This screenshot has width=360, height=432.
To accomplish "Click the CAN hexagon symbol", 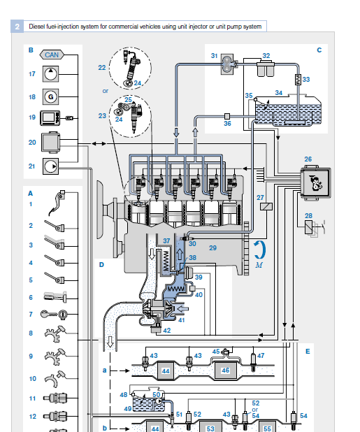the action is [x=52, y=55].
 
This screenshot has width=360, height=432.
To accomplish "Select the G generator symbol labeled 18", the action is [x=51, y=96].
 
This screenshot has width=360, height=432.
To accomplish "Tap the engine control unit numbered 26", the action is [x=315, y=182].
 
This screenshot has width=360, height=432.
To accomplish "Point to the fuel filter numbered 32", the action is [x=266, y=69].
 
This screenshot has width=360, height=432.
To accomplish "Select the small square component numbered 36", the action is [x=227, y=116].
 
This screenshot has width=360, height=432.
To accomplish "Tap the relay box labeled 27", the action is [x=266, y=206].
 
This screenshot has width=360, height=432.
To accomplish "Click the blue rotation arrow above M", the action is [x=261, y=250].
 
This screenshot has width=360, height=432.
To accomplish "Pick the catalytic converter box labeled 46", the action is [x=226, y=370].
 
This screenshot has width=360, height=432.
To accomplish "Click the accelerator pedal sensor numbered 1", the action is [x=57, y=203].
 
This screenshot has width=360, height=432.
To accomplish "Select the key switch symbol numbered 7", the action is [x=54, y=314].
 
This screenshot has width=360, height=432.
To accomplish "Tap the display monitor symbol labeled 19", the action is [x=50, y=118].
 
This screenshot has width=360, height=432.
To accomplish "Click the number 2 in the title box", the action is [x=17, y=27].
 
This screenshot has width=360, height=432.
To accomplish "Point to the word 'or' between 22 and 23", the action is [x=106, y=91].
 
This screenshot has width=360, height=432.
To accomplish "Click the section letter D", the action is [x=101, y=265].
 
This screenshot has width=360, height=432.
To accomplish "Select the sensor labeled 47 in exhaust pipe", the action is [x=253, y=361].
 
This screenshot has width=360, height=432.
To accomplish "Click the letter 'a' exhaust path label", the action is [x=104, y=370].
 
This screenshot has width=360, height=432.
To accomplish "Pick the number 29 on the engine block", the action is [x=213, y=248].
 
